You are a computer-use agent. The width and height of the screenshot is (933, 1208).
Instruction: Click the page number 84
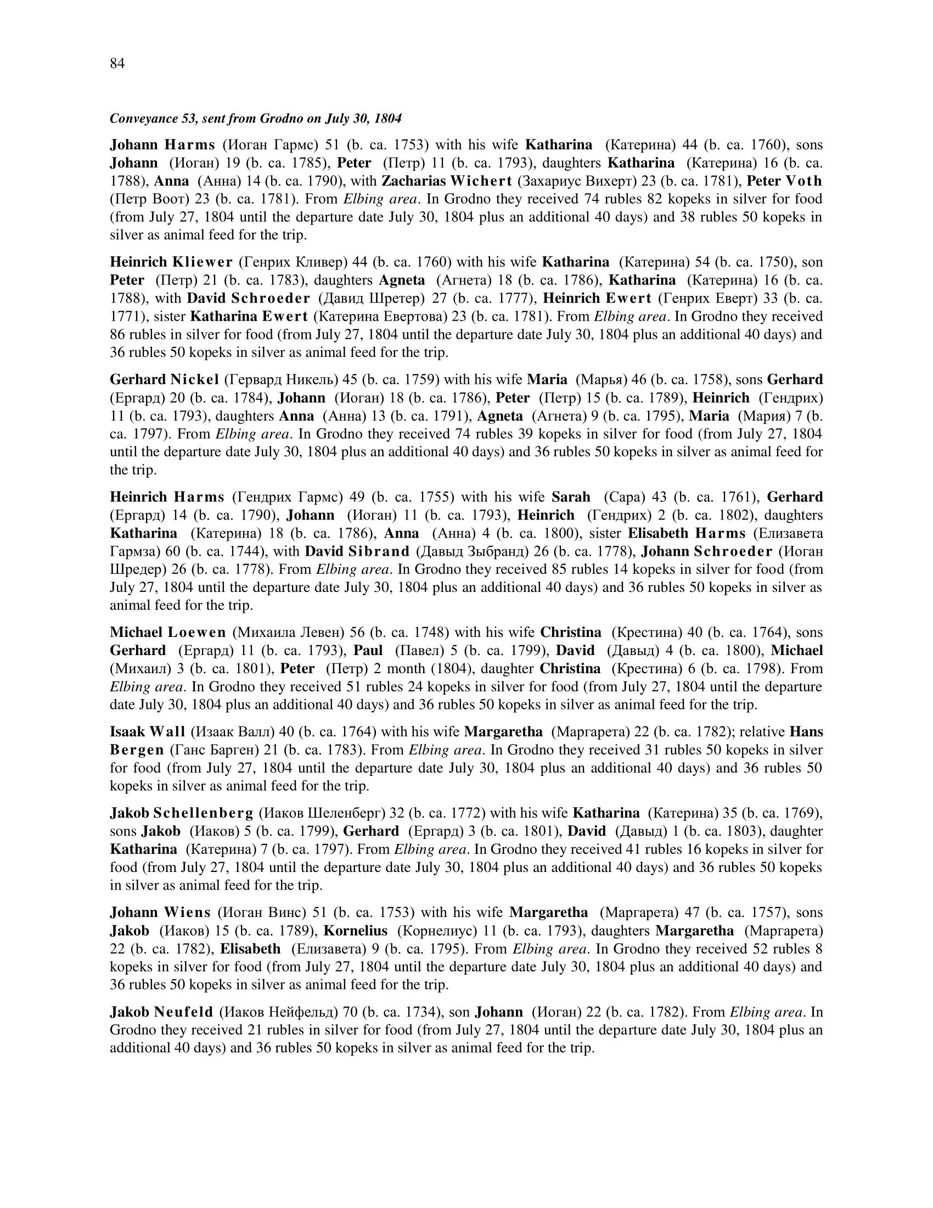pyautogui.click(x=117, y=64)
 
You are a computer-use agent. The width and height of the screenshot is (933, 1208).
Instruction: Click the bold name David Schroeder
pyautogui.click(x=248, y=298)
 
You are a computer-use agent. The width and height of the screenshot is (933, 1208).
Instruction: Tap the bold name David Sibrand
pyautogui.click(x=357, y=551)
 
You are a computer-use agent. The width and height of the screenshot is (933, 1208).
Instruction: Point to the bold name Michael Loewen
pyautogui.click(x=167, y=632)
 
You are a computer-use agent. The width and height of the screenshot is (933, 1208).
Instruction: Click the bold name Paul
pyautogui.click(x=368, y=651)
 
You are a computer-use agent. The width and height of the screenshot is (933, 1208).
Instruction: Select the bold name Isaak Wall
pyautogui.click(x=147, y=732)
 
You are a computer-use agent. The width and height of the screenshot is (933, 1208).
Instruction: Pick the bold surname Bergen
pyautogui.click(x=137, y=750)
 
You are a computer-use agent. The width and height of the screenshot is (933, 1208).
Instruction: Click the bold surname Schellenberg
pyautogui.click(x=203, y=813)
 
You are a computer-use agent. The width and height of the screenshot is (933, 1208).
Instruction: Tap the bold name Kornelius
pyautogui.click(x=356, y=931)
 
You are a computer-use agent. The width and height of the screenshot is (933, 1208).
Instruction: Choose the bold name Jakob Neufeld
pyautogui.click(x=161, y=1012)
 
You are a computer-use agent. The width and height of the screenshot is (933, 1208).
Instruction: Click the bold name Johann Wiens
pyautogui.click(x=160, y=913)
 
